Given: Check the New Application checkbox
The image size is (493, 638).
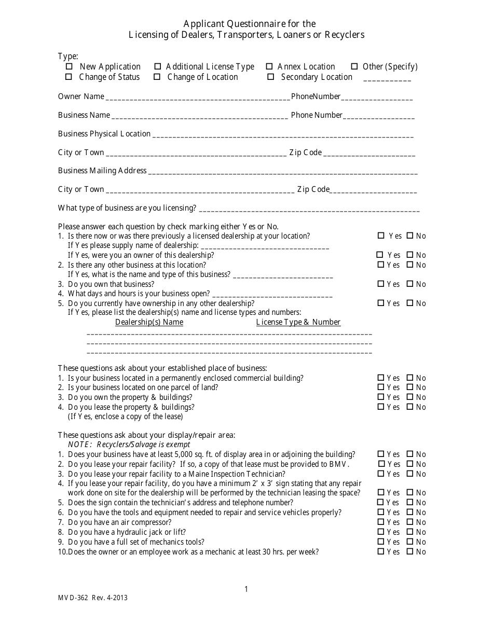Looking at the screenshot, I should (x=69, y=66).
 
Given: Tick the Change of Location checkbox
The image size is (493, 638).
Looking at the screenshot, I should (x=157, y=77).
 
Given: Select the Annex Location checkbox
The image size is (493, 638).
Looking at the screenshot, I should (x=269, y=66).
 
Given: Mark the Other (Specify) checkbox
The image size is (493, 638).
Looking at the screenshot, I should (x=354, y=66).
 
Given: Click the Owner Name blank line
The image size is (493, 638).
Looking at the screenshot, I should (x=197, y=97).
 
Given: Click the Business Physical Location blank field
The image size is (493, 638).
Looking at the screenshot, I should (x=283, y=134).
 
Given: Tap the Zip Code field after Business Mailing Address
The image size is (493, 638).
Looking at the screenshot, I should (x=374, y=190).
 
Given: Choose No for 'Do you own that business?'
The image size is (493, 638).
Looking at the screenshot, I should (x=410, y=284).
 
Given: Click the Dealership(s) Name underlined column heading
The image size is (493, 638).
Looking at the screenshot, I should (x=149, y=322).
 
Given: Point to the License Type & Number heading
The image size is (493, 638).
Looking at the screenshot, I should (x=298, y=322).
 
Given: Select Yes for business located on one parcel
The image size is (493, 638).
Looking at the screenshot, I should (x=381, y=387).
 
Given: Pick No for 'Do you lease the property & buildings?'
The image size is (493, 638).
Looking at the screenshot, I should (x=410, y=407).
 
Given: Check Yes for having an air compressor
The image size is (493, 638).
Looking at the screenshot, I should (x=381, y=522).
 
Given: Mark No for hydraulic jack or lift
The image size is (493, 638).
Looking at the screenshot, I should (x=410, y=532).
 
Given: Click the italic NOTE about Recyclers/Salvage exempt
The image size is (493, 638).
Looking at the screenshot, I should (x=129, y=445).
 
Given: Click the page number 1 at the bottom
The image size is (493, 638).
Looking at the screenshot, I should (x=246, y=589).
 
